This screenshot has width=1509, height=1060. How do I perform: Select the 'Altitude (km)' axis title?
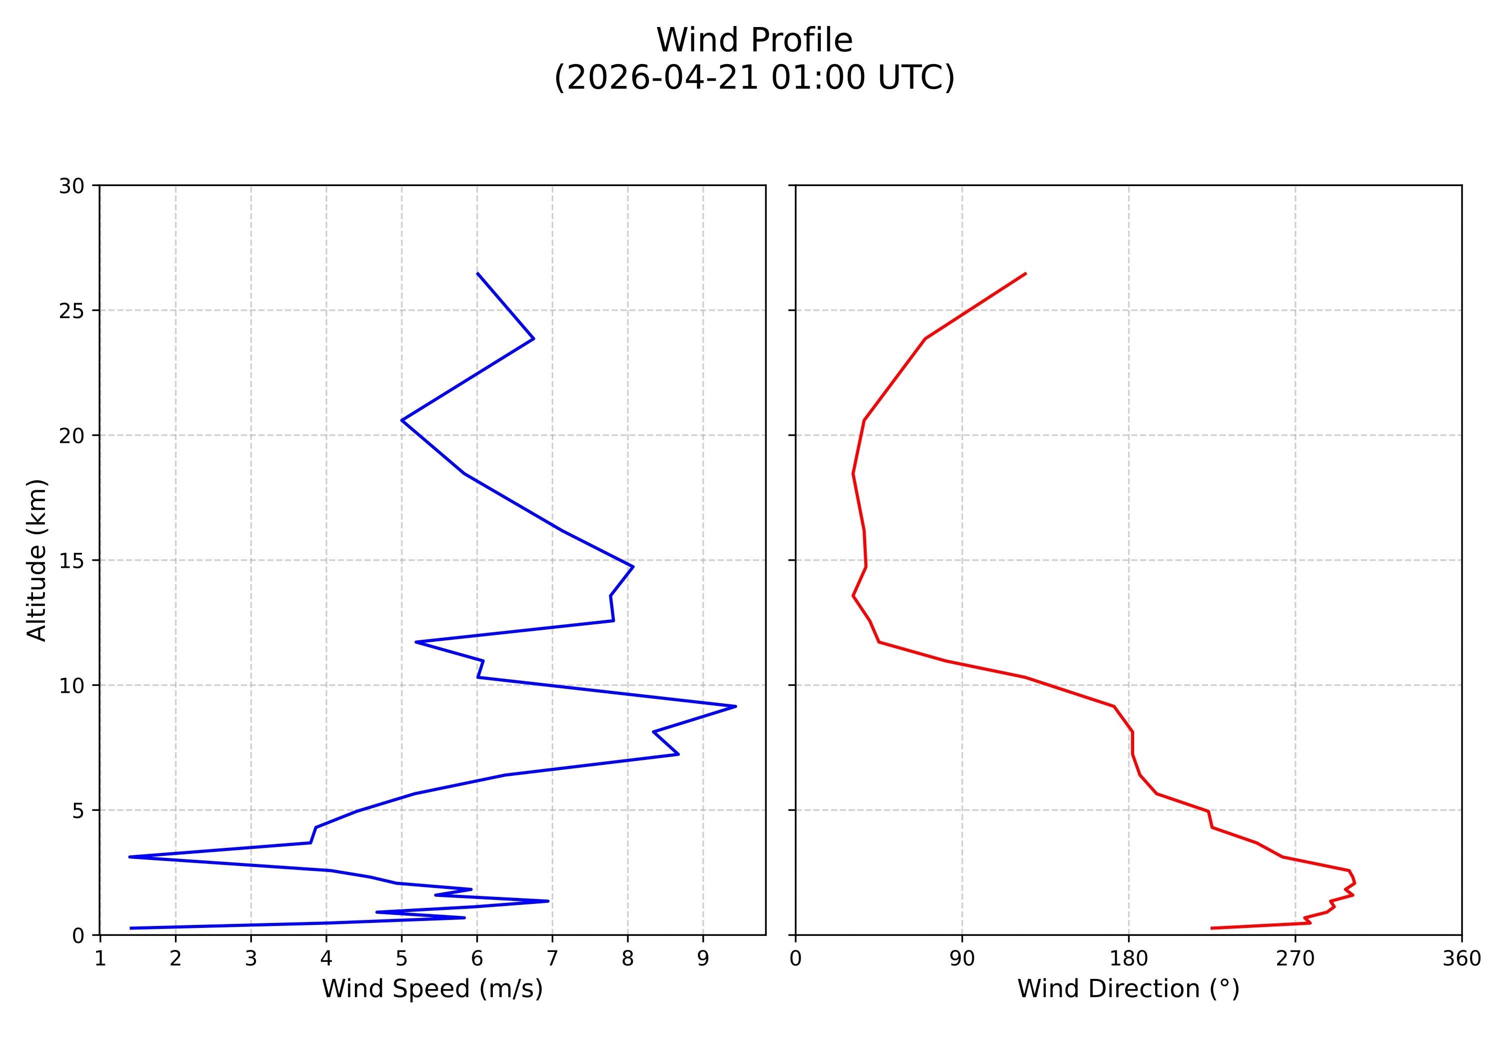point(37,560)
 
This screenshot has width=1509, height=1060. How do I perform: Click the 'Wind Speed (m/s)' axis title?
point(432,988)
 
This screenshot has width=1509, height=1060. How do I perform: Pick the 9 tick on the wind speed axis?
point(703,959)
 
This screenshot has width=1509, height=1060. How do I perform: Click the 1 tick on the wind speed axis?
point(100,959)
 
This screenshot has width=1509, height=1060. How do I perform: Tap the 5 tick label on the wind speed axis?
point(401,959)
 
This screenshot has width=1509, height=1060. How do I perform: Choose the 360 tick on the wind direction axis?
point(1462,959)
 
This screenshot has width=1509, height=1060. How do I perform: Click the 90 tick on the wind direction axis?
point(962,959)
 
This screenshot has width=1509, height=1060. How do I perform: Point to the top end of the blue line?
point(477,273)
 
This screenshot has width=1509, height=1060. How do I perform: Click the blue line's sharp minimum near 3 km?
point(129,857)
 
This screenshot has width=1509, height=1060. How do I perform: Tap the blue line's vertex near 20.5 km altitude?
point(401,420)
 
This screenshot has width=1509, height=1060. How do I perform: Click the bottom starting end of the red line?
point(1211,928)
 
